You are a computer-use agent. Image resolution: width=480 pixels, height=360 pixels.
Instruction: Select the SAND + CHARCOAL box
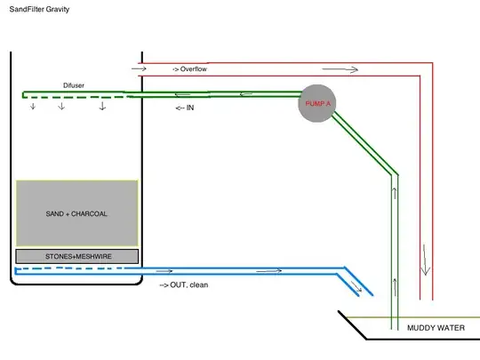click(x=76, y=213)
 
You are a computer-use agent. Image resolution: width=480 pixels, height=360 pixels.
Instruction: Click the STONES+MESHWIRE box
click(x=76, y=256)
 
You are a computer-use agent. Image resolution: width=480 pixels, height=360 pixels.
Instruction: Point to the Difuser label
click(x=75, y=85)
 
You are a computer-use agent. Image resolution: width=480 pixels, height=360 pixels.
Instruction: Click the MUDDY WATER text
click(x=436, y=329)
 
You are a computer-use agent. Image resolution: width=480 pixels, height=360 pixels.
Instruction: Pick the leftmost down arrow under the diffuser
click(x=34, y=107)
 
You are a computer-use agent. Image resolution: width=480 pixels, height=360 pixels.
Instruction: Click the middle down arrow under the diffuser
click(x=61, y=107)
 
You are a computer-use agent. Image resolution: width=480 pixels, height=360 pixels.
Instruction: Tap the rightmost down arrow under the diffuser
click(x=102, y=107)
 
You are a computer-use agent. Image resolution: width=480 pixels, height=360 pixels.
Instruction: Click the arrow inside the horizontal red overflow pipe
click(x=347, y=68)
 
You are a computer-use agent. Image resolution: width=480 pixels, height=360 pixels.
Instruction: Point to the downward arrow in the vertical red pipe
click(x=426, y=267)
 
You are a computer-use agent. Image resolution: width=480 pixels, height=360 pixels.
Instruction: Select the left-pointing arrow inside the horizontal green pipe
click(x=244, y=92)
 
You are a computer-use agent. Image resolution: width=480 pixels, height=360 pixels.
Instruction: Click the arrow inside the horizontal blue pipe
click(x=271, y=268)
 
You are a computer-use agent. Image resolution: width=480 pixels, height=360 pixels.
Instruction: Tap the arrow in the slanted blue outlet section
click(x=356, y=286)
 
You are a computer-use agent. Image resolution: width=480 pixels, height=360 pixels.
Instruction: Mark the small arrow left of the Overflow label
click(x=138, y=68)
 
